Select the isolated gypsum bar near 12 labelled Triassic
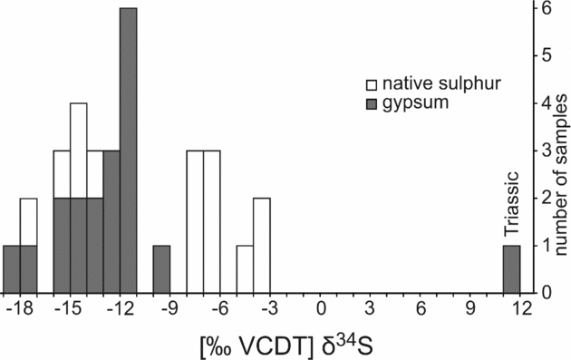511,269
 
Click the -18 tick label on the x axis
23,308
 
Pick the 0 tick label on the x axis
320,308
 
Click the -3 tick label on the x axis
269,308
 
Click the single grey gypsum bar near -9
161,269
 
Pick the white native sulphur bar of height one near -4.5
245,269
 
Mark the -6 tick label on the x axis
219,308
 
